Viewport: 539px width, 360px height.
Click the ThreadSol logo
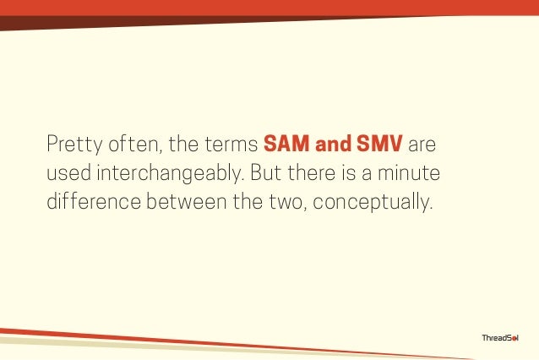[x=499, y=338]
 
